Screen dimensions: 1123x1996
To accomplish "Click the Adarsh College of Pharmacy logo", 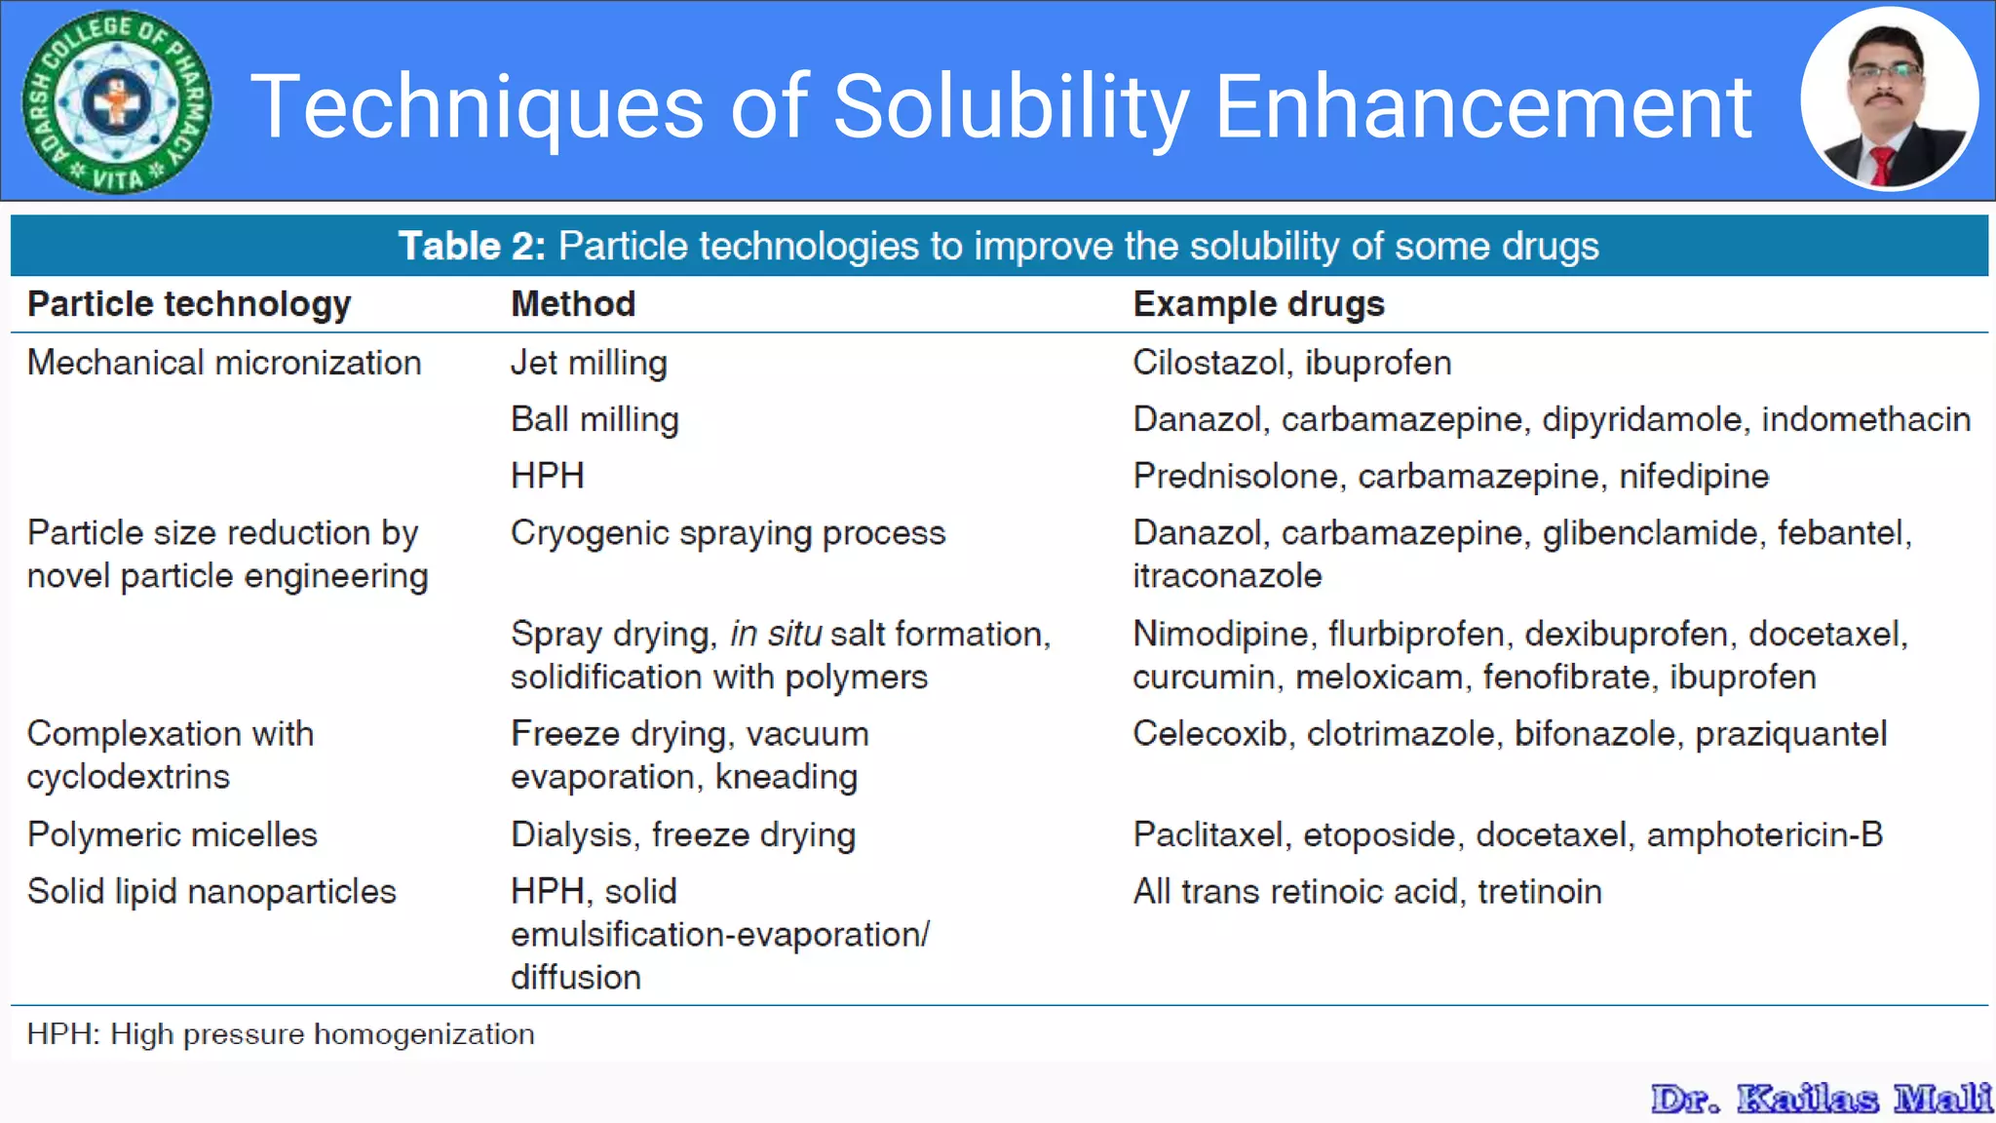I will click(116, 101).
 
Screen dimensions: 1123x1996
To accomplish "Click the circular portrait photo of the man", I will click(1889, 99).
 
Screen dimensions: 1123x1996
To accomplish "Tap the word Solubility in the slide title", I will click(1011, 106).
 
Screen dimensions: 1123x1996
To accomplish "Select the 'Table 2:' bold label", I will click(472, 247).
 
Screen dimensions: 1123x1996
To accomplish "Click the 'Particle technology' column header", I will click(189, 304).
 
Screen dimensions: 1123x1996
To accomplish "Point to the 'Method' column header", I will click(573, 304).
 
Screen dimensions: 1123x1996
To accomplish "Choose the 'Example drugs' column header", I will click(1258, 304).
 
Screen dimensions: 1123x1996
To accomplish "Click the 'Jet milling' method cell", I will click(589, 363).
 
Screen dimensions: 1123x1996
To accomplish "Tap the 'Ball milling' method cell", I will click(595, 419).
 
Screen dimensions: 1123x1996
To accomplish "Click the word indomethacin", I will click(1865, 419).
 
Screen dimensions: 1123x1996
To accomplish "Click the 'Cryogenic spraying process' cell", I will click(728, 533).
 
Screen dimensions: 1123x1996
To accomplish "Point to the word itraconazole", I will click(1227, 576).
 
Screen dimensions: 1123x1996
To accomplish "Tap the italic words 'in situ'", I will click(776, 634).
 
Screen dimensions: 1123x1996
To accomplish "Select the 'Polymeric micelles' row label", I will click(173, 834).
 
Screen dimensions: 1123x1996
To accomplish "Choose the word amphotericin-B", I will click(1764, 834).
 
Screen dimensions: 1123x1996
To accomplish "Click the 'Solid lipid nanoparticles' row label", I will click(211, 891).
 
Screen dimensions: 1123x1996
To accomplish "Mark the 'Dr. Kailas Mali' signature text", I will click(1821, 1099).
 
